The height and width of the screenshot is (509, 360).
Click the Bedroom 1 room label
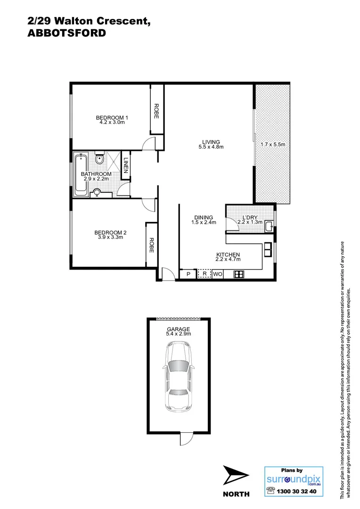click(112, 117)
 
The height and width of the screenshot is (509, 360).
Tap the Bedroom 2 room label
click(111, 232)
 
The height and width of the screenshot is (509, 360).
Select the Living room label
click(211, 142)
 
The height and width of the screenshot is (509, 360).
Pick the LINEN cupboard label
click(126, 165)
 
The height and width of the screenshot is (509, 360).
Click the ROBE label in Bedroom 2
click(152, 245)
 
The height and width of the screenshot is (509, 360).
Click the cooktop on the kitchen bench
click(238, 274)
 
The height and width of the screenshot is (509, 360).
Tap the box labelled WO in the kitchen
click(218, 274)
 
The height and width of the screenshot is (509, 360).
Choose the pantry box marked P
click(188, 274)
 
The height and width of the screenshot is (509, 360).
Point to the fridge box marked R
click(205, 273)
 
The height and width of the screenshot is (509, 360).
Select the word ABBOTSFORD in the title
click(65, 33)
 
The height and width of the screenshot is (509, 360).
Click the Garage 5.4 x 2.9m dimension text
click(178, 334)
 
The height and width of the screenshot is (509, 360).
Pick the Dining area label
click(203, 218)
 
